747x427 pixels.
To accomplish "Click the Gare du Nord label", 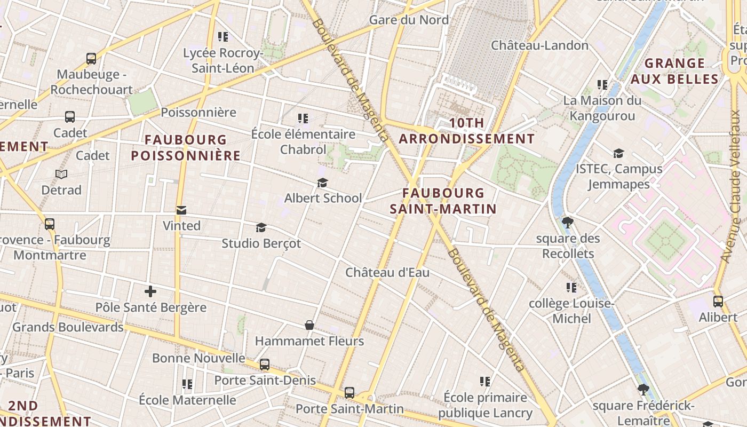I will (409, 20).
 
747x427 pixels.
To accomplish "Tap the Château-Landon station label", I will (539, 45).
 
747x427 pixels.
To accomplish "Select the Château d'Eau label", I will (387, 273).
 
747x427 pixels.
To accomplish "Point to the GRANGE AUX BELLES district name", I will (674, 71).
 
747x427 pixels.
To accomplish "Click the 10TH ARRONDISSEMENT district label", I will (466, 131).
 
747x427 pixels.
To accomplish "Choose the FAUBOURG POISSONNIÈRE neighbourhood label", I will (186, 148).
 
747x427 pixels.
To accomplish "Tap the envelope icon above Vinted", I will (181, 210).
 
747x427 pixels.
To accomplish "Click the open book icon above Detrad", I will (61, 175).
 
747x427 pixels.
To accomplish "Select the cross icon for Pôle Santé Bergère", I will (150, 291).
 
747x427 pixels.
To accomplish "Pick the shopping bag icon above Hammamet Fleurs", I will (309, 325).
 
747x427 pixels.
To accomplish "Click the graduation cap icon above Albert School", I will (322, 183).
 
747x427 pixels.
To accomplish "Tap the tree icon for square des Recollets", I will (568, 223).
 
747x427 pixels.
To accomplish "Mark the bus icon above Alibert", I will (718, 302).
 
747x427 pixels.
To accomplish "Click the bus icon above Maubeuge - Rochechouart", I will (91, 59).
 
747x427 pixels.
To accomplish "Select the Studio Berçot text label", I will (261, 244).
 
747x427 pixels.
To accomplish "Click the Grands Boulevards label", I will (68, 327).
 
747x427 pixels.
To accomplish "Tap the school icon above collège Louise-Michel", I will (571, 288).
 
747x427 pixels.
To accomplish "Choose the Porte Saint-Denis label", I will (265, 381).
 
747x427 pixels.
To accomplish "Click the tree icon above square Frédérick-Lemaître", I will (643, 390).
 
